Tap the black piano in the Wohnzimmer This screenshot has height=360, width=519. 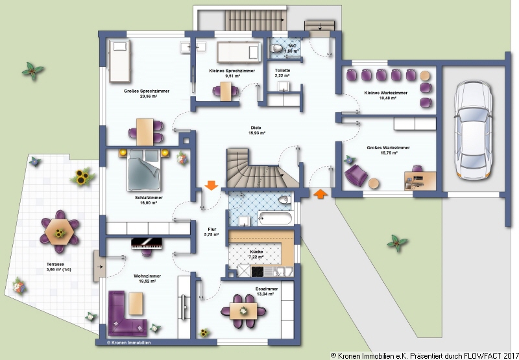coord(149,243)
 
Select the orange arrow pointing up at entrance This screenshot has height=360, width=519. coord(320,193)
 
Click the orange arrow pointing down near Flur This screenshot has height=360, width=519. coord(211,186)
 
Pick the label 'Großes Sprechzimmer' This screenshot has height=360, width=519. coord(147,91)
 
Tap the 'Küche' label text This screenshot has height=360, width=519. coord(257,250)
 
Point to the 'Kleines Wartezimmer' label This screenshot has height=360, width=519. coord(387,93)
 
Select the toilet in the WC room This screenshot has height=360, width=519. coord(273,49)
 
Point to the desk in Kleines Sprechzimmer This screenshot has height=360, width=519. coord(225,91)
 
